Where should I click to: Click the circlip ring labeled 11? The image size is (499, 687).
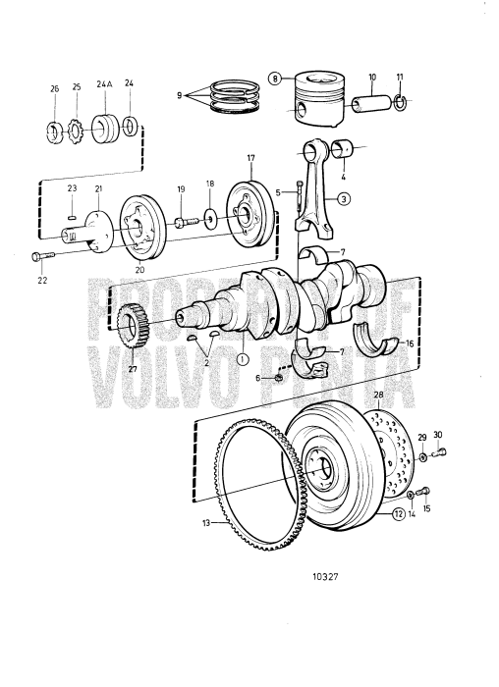(401, 101)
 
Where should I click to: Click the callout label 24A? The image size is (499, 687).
(104, 85)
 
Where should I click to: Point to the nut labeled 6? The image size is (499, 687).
(279, 376)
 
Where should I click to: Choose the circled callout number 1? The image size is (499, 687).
(242, 358)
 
